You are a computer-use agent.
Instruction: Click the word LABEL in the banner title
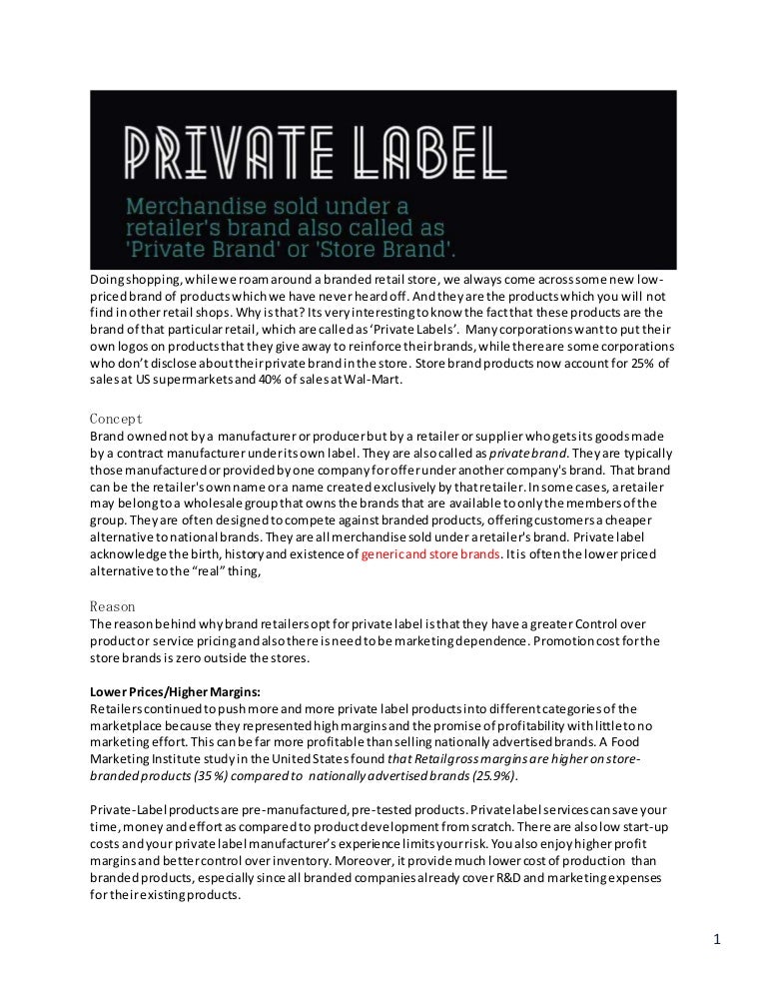(408, 151)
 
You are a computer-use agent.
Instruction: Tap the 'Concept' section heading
(116, 419)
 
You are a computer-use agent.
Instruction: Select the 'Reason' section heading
(113, 605)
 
